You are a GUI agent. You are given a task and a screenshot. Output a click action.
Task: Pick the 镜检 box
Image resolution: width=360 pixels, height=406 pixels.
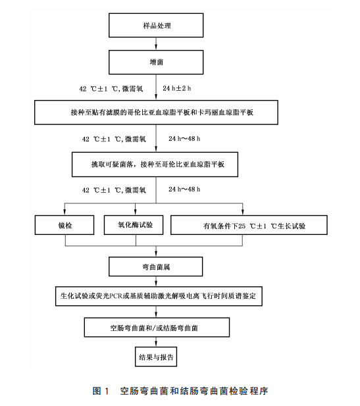(64, 226)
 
